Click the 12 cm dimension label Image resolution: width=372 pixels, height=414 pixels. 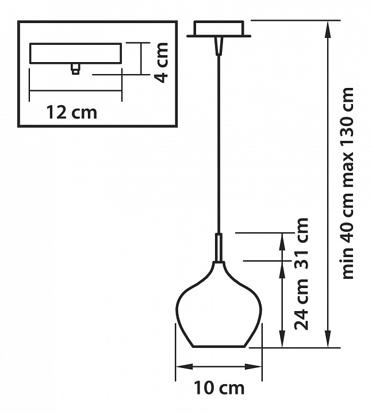click(72, 113)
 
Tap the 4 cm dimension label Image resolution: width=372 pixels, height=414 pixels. click(161, 63)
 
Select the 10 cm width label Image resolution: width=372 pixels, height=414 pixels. click(219, 388)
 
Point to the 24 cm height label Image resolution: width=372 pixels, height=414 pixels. click(301, 304)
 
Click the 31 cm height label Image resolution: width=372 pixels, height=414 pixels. click(301, 243)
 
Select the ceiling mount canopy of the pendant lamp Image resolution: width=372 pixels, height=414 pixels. click(219, 29)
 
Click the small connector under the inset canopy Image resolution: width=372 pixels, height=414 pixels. click(75, 68)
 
